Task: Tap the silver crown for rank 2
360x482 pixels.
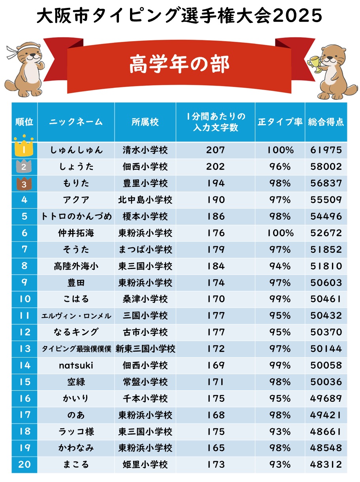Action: pyautogui.click(x=24, y=166)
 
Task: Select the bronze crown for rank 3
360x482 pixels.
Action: pyautogui.click(x=24, y=183)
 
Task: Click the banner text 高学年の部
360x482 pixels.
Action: pyautogui.click(x=179, y=64)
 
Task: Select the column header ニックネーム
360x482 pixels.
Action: pyautogui.click(x=76, y=122)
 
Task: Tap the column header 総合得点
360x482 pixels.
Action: pyautogui.click(x=326, y=122)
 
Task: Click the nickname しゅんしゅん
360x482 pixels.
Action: pyautogui.click(x=76, y=150)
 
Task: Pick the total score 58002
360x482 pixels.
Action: pyautogui.click(x=326, y=167)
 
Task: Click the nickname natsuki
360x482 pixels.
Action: pyautogui.click(x=76, y=365)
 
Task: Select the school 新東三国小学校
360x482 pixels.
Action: pyautogui.click(x=145, y=349)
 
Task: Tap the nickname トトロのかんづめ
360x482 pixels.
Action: pyautogui.click(x=76, y=217)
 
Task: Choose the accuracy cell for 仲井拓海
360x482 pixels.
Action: pyautogui.click(x=280, y=233)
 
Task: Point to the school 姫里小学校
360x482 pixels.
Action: pyautogui.click(x=145, y=465)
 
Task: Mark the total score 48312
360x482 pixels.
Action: pyautogui.click(x=326, y=465)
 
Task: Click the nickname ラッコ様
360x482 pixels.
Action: pyautogui.click(x=76, y=431)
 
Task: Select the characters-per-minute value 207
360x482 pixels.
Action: pyautogui.click(x=215, y=150)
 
